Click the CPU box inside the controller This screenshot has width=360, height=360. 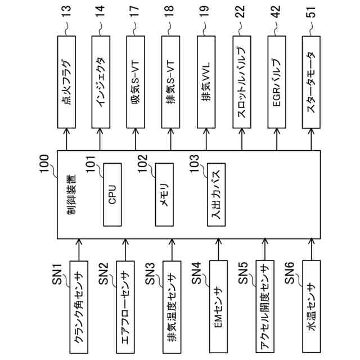tap(112, 195)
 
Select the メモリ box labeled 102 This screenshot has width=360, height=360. tap(165, 195)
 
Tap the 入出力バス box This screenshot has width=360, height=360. tap(217, 195)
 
